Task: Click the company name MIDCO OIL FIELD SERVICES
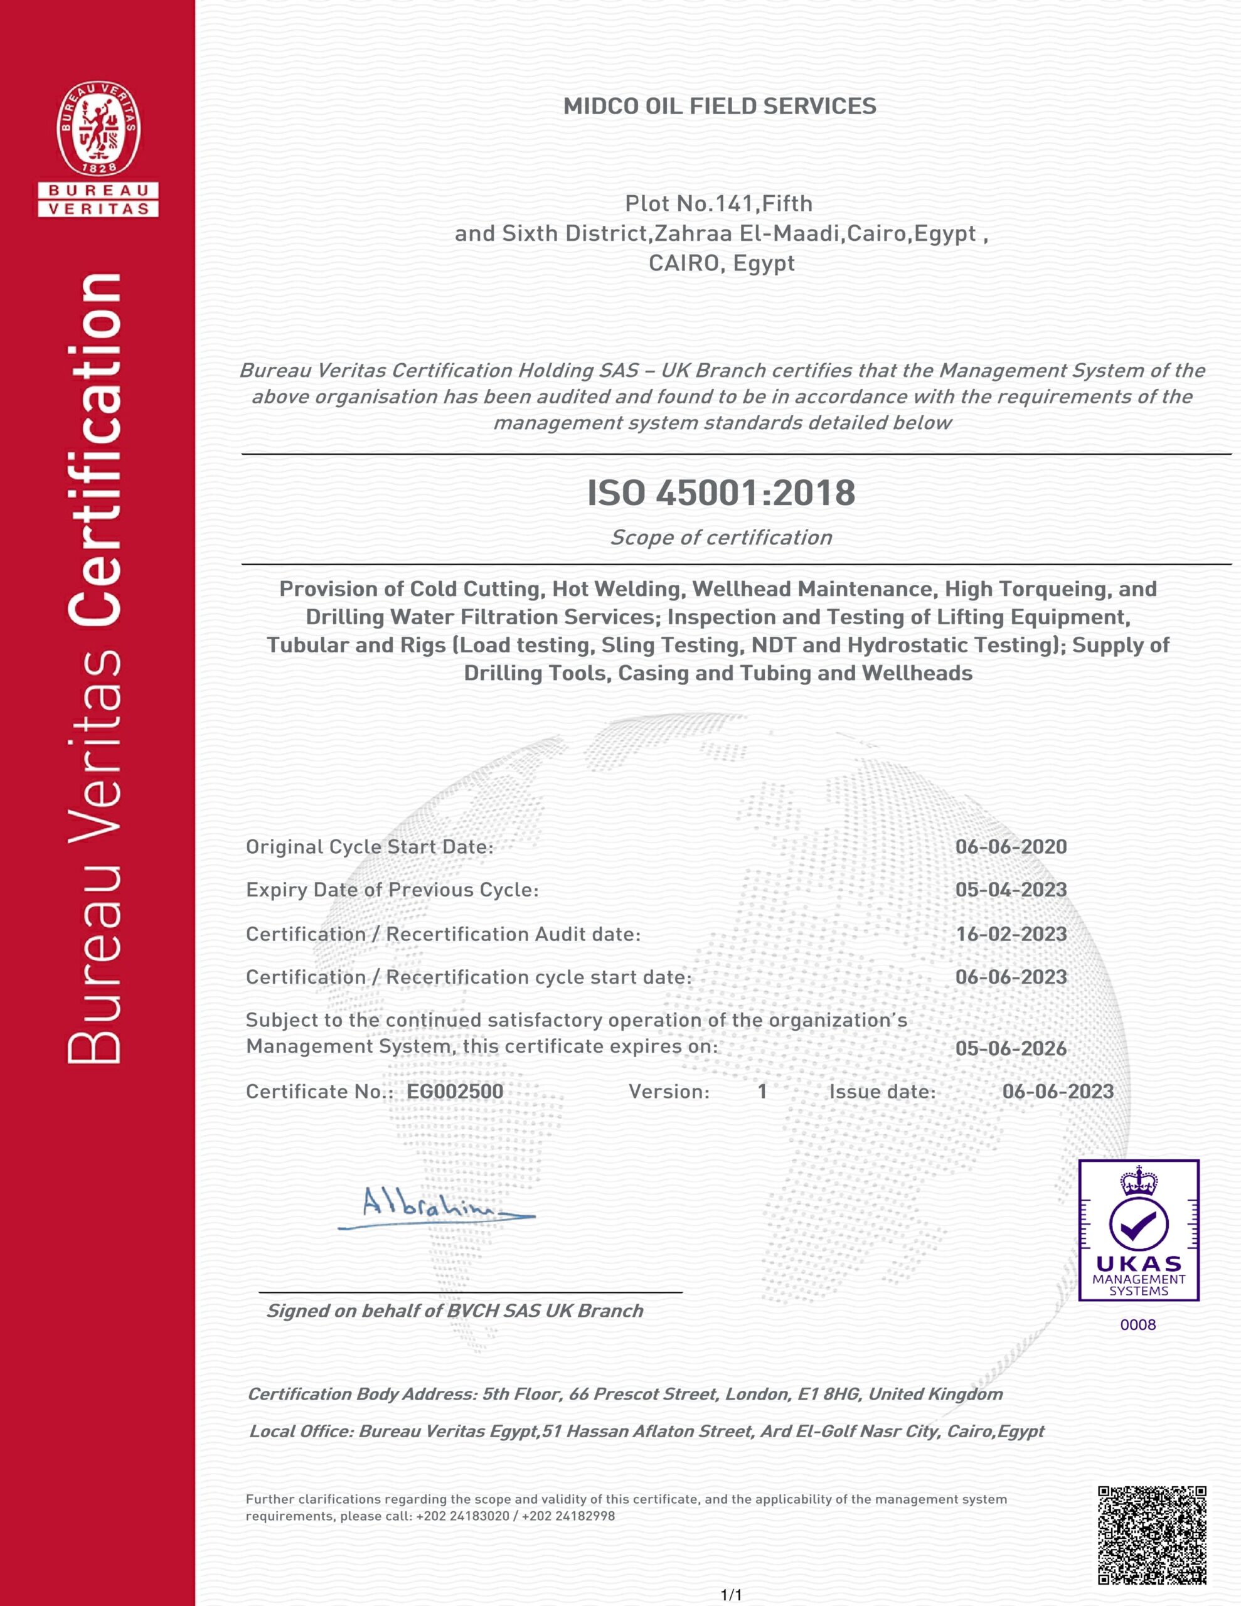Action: coord(720,107)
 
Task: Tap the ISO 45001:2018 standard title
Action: coord(721,492)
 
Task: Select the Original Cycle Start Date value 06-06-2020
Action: coord(1011,847)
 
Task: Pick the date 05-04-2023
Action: coord(1011,890)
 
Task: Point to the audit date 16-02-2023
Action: coord(1011,934)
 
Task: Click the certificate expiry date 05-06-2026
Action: coord(1011,1049)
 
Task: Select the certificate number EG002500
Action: coord(455,1091)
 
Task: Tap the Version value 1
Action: coord(762,1091)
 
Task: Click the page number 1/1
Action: coord(731,1595)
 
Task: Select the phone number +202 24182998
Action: coord(568,1516)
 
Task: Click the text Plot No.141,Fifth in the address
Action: coord(719,204)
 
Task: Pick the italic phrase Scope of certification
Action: coord(721,538)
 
